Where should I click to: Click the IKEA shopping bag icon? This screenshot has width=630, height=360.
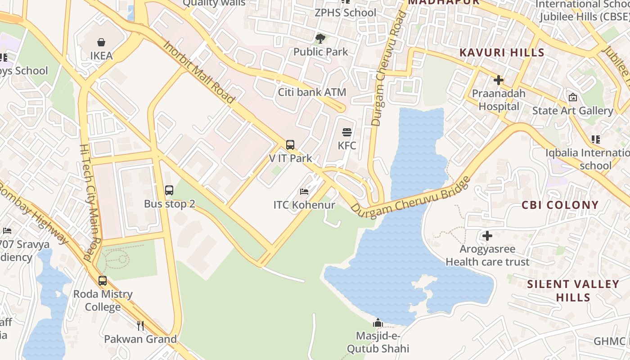[101, 42]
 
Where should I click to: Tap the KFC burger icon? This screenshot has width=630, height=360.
[347, 132]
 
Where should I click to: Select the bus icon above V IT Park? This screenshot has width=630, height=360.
[290, 145]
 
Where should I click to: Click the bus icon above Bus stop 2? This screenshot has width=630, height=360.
[169, 190]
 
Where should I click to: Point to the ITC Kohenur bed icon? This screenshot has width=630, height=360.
[304, 192]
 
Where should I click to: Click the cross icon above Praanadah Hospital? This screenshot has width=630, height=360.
[499, 81]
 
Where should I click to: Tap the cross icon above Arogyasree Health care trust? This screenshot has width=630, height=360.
[487, 235]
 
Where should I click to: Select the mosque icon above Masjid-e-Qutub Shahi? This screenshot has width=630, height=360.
[378, 323]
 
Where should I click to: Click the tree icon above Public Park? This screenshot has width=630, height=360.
[320, 38]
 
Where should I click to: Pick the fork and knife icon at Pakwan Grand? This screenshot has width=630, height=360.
[140, 325]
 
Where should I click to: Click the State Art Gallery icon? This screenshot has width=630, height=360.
[573, 97]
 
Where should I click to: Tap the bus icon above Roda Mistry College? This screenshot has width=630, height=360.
[103, 281]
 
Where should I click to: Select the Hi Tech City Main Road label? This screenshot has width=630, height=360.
[91, 202]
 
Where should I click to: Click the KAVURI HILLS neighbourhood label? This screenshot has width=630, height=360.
[502, 53]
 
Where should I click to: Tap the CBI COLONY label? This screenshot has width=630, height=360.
[560, 205]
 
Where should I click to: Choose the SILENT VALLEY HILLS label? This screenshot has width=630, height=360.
[573, 291]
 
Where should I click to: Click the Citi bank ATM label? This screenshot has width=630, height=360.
[312, 92]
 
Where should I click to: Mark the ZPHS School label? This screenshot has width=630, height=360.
[345, 13]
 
